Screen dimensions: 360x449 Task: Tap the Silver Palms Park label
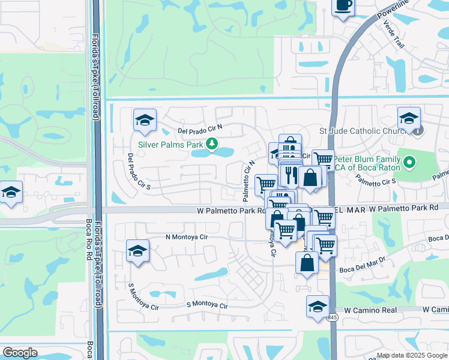tap(170, 145)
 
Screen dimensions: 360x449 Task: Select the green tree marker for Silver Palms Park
tap(211, 144)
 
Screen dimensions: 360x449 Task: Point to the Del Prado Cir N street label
tap(200, 129)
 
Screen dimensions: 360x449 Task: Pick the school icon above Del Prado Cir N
tap(144, 121)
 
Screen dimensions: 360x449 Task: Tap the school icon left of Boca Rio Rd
tap(11, 193)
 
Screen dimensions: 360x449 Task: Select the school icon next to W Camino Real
tap(318, 307)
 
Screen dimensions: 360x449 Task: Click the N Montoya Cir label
tap(186, 237)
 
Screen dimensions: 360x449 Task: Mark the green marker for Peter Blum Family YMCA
tap(409, 162)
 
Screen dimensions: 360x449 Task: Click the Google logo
tap(20, 353)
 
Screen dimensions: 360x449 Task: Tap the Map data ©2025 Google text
tap(411, 355)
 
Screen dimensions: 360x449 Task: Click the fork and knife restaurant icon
tap(290, 175)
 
